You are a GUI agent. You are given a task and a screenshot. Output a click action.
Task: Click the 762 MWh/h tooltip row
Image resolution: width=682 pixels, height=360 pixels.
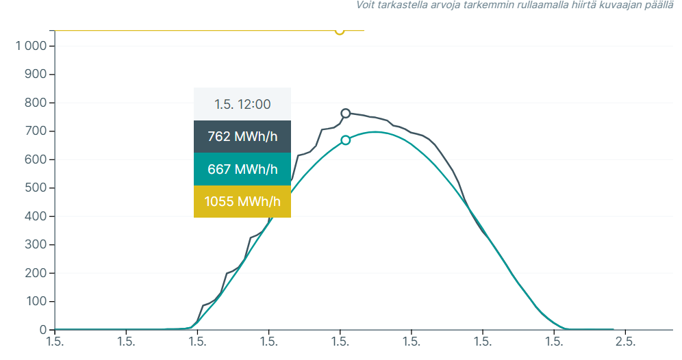pyautogui.click(x=242, y=136)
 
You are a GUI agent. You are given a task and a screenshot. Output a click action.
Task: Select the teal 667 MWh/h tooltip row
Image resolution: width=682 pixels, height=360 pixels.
pyautogui.click(x=242, y=169)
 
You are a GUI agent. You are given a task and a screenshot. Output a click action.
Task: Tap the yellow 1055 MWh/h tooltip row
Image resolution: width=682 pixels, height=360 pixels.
pyautogui.click(x=242, y=201)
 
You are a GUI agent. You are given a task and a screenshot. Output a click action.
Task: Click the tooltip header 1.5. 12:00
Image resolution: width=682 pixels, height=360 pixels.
pyautogui.click(x=242, y=105)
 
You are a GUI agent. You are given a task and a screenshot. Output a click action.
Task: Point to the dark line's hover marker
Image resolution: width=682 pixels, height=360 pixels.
pyautogui.click(x=346, y=114)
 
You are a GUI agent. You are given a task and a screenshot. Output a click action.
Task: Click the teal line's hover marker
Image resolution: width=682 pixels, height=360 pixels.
pyautogui.click(x=346, y=140)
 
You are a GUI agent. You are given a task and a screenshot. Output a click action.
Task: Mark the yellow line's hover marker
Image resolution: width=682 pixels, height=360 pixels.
pyautogui.click(x=340, y=30)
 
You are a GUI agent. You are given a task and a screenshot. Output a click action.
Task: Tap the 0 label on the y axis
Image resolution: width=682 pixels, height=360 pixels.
pyautogui.click(x=42, y=330)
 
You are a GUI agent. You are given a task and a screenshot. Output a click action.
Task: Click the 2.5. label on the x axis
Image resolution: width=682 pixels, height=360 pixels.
pyautogui.click(x=625, y=341)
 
